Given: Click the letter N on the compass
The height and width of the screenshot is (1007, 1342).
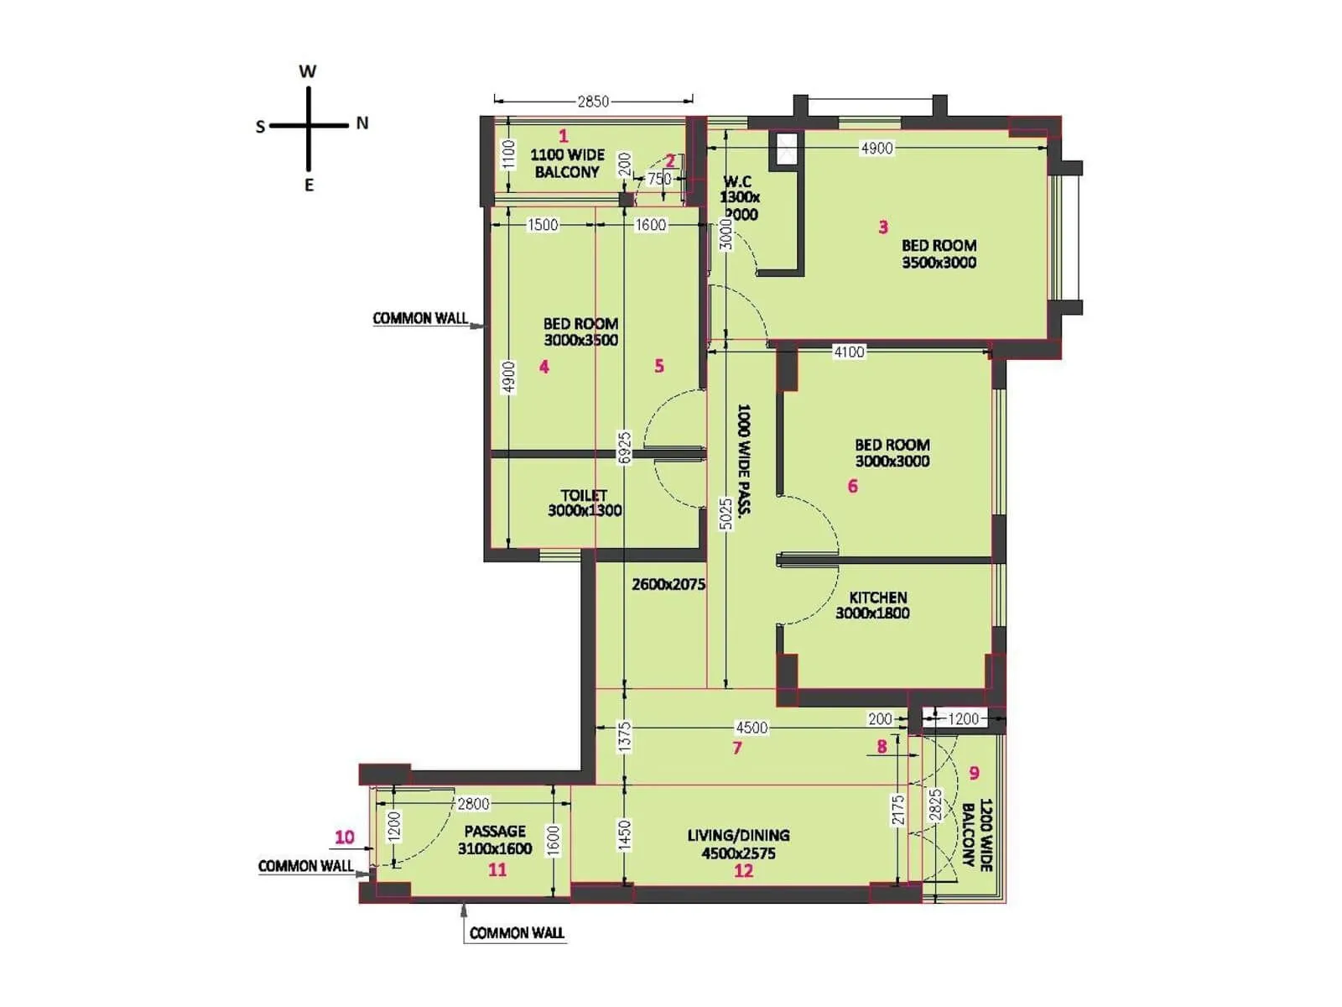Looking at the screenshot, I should (x=362, y=123).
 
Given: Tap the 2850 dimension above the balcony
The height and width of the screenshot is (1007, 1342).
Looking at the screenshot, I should (x=593, y=102).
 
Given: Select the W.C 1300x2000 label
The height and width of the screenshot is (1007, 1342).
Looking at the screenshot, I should (x=739, y=198).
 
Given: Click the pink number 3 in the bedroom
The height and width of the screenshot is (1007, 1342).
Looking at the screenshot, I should (x=882, y=227).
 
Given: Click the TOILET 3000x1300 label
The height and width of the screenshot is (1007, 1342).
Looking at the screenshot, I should (x=585, y=503).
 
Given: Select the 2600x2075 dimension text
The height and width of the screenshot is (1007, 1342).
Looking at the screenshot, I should (x=668, y=584).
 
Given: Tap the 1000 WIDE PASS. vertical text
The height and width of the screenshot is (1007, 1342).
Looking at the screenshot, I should (x=743, y=459).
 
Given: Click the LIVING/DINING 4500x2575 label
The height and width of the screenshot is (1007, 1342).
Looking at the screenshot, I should (x=738, y=844).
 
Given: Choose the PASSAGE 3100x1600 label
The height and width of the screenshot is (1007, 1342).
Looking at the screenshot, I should (x=495, y=839).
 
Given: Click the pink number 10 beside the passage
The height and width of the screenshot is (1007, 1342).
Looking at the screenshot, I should (x=344, y=837).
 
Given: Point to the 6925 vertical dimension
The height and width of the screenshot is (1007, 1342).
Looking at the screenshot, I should (x=623, y=447).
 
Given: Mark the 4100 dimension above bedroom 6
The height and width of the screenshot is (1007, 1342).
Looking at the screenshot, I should (x=849, y=352).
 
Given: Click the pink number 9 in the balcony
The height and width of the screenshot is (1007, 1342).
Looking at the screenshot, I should (x=974, y=773).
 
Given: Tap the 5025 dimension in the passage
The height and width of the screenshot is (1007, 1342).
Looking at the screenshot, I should (x=726, y=514).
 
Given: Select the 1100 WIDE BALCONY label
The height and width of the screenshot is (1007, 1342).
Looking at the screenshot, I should (x=567, y=163).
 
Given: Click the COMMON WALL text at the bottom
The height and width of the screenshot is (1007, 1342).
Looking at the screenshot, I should (x=517, y=933).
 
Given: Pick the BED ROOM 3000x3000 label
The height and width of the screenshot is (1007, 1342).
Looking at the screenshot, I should (x=892, y=452).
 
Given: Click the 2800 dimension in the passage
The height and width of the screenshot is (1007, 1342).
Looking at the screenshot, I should (x=473, y=804).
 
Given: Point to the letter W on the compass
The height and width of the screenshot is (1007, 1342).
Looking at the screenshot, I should (x=308, y=71).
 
